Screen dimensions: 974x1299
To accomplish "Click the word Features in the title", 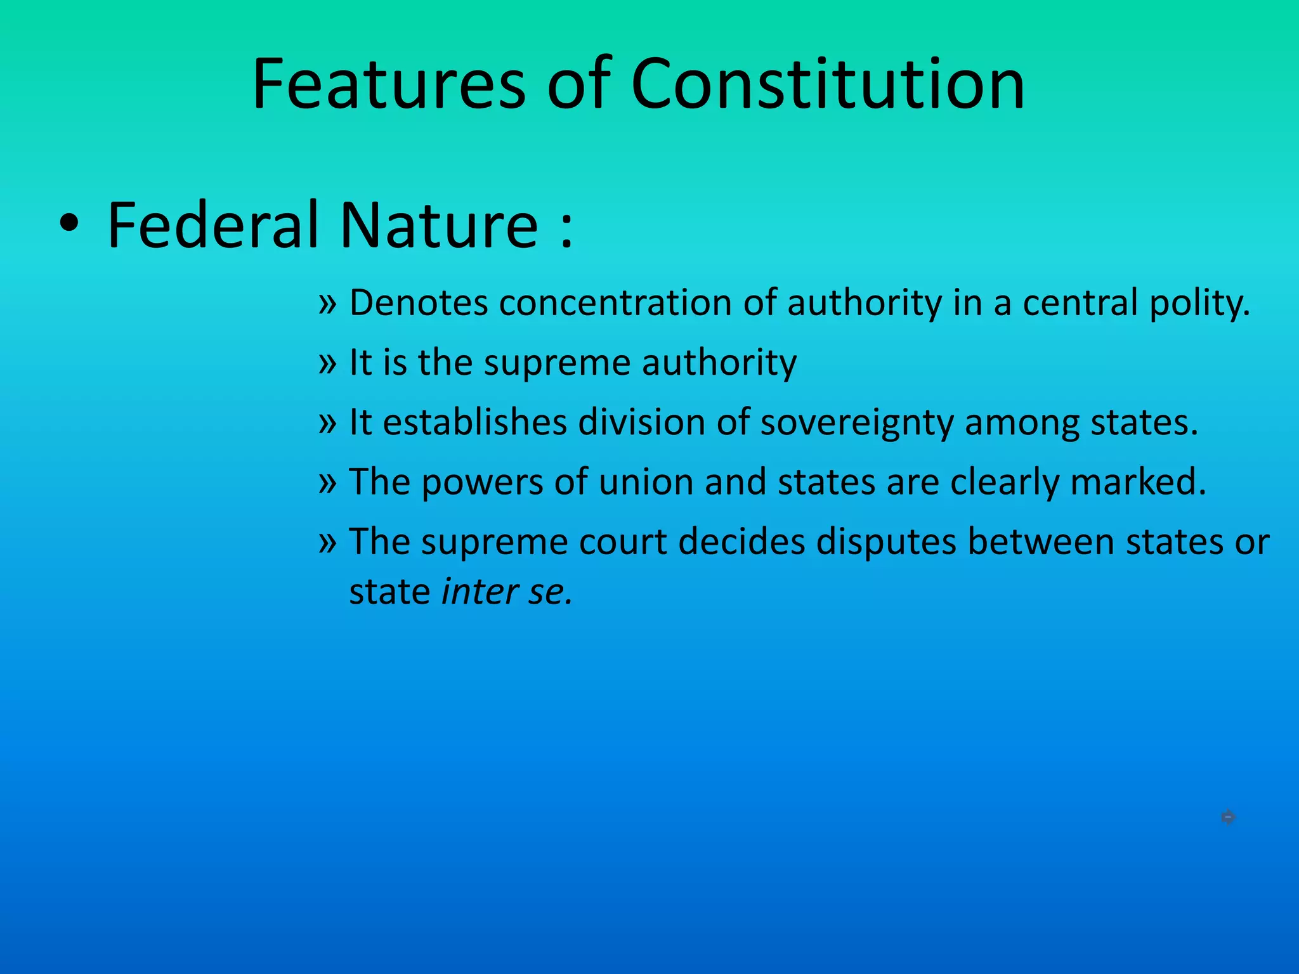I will click(x=388, y=84).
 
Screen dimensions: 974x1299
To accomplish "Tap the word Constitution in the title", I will click(x=827, y=84).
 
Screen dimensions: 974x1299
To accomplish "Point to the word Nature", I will click(x=439, y=225).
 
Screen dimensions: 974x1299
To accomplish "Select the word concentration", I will click(x=615, y=302).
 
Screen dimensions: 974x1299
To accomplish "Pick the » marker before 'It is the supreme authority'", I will click(x=327, y=363).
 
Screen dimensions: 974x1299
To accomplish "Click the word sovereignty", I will click(x=856, y=423).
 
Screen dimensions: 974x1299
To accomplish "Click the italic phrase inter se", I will click(x=506, y=592).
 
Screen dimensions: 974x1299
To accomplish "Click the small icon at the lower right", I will click(x=1228, y=817).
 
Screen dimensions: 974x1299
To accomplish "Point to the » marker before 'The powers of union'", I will click(x=327, y=483).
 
